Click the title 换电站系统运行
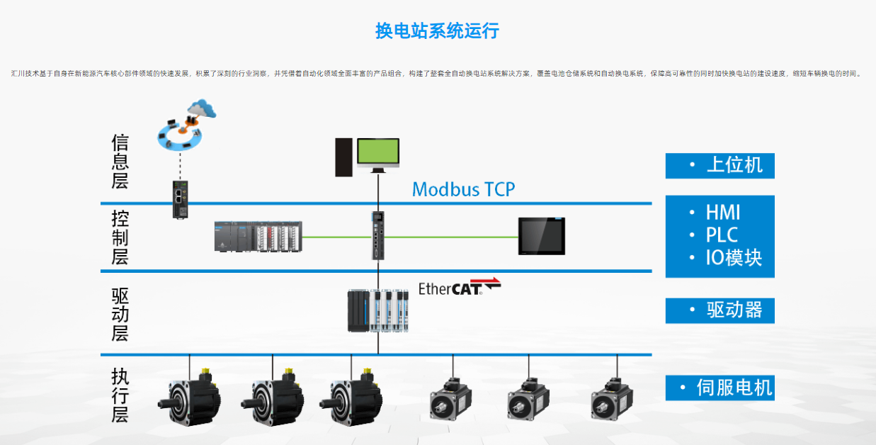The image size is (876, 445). coord(437,30)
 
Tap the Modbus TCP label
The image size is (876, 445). coord(463,189)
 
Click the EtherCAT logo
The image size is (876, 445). coord(460,287)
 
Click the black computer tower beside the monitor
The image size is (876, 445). coord(343,157)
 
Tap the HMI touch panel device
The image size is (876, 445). coord(542,236)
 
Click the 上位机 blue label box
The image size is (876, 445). coord(719,165)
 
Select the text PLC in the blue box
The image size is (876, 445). coord(722,235)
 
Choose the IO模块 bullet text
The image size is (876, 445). coord(734,258)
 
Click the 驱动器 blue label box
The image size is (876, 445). coord(719,310)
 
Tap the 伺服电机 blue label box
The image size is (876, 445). coord(719,388)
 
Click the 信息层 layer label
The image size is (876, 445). coord(120,162)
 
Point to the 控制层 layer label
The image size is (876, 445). coord(120,237)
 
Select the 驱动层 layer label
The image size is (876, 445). coord(120,312)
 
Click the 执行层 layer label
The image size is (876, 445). coord(120,394)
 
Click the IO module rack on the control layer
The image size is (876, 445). coord(258,236)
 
